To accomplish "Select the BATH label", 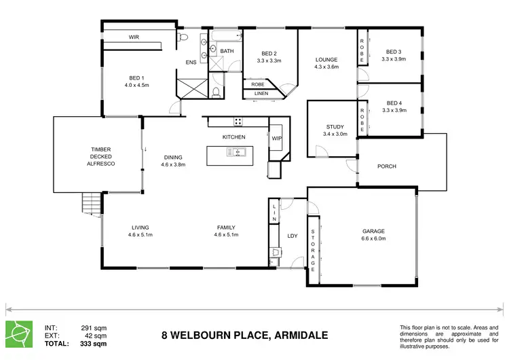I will (x=227, y=51).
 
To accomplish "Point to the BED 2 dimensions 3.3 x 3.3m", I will (x=269, y=60).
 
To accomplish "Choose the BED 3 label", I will (x=394, y=52).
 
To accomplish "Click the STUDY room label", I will (x=335, y=127).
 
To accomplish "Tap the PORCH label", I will (x=387, y=166).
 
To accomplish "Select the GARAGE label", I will (x=373, y=231).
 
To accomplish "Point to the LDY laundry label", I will (x=293, y=236).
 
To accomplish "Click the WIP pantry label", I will (x=276, y=139).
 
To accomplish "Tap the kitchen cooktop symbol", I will (x=238, y=122).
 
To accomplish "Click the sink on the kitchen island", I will (x=238, y=152).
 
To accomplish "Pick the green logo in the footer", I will (x=18, y=332).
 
